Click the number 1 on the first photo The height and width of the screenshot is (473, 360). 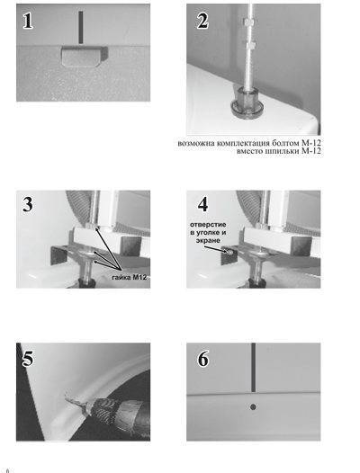coord(28,21)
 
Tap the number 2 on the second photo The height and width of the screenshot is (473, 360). coord(202,21)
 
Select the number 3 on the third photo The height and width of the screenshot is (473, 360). coord(28,204)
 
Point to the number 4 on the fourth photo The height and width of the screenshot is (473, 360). coord(202,204)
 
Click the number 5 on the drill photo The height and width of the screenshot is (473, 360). coord(28,359)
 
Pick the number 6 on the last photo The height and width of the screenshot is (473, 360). coord(202,359)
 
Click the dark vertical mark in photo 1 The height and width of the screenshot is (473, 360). coord(81,27)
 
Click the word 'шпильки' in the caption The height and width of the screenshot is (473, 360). coord(282,151)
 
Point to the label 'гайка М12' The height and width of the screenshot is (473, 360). coord(130,277)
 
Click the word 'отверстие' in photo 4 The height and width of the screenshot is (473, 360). coord(208,225)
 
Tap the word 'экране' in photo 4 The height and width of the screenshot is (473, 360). coord(208,240)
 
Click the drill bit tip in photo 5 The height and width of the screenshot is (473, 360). coord(66,393)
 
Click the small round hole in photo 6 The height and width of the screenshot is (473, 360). coord(253,407)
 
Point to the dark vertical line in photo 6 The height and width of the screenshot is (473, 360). coord(254,368)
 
